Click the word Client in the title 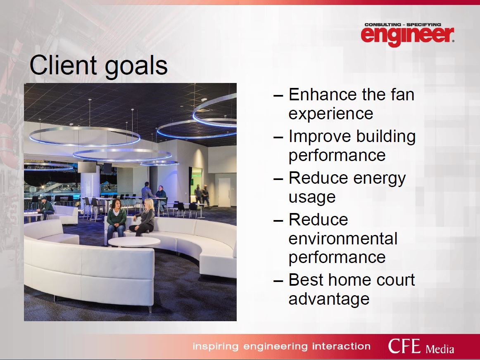[x=63, y=65]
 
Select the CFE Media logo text [x=421, y=346]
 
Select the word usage [x=312, y=198]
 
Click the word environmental [x=343, y=239]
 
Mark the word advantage [x=329, y=299]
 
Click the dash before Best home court [x=278, y=281]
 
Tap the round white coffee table [x=134, y=242]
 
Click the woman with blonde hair [x=144, y=217]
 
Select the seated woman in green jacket [x=116, y=220]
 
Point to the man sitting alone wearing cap [x=45, y=208]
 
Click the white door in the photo [x=224, y=193]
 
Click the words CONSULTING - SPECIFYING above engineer [x=403, y=24]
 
